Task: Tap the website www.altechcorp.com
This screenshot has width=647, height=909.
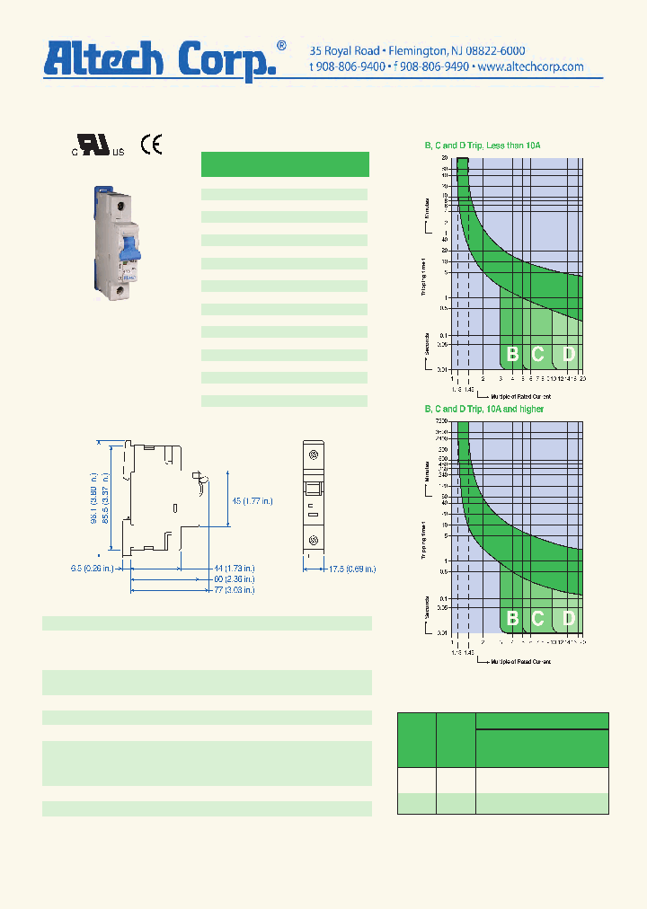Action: tap(530, 66)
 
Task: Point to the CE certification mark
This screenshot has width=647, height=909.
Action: tap(151, 146)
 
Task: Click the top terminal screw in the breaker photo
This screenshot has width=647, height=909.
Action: tap(119, 205)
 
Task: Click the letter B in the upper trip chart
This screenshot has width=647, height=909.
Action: tap(512, 354)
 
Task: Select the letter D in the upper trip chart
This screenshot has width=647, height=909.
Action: tap(568, 354)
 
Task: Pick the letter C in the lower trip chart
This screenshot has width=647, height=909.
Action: tap(538, 618)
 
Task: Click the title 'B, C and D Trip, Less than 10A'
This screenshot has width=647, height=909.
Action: tap(483, 146)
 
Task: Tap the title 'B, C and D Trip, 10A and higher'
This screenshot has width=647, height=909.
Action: tap(484, 410)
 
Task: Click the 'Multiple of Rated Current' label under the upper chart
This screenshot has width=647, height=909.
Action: tap(521, 396)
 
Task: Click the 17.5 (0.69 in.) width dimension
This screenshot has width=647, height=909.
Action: tap(350, 569)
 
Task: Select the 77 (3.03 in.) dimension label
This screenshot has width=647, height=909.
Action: tap(234, 590)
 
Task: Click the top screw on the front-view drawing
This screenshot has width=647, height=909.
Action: tap(314, 456)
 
